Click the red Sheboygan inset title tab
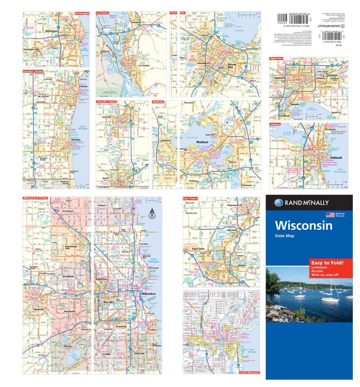[x=82, y=13]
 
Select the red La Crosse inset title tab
[x=103, y=13]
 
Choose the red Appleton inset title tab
[x=277, y=59]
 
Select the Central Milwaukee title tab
[x=249, y=373]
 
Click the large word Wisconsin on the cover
[x=304, y=226]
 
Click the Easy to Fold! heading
[x=327, y=262]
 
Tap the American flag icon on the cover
[x=331, y=215]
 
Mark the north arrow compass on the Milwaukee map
[x=152, y=214]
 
